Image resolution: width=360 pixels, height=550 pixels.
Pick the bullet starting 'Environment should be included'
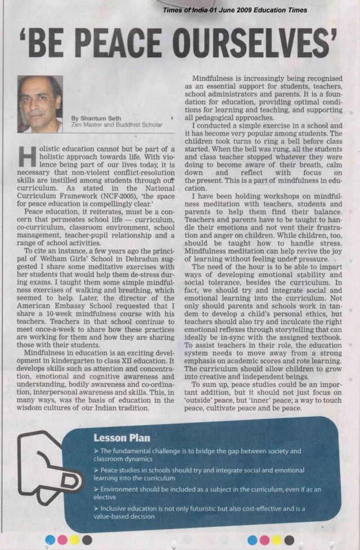(202, 493)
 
